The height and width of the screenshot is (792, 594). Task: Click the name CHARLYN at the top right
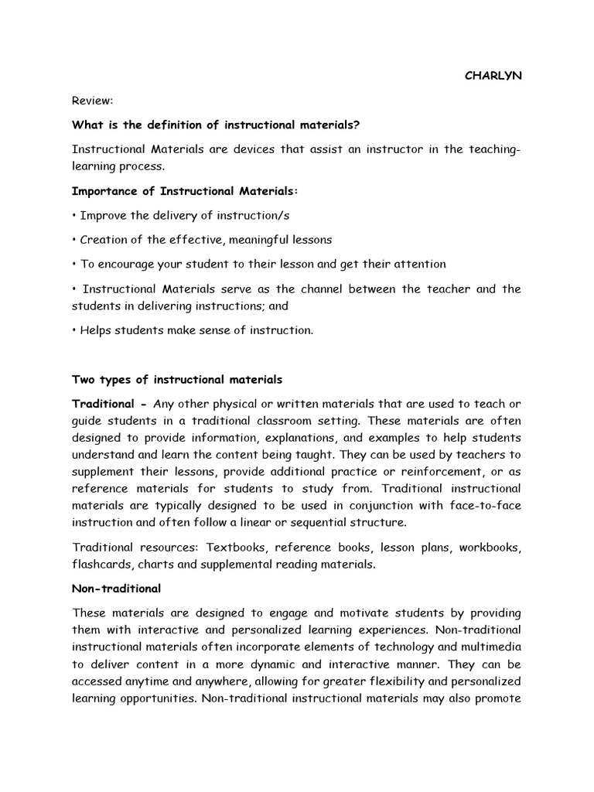(493, 76)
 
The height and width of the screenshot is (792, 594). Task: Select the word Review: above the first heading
(92, 101)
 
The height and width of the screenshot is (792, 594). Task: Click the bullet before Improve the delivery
(75, 216)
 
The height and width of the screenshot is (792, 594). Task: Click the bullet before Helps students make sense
(75, 330)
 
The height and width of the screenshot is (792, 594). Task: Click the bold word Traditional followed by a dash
(104, 404)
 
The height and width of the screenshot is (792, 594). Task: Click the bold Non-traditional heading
(117, 589)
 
